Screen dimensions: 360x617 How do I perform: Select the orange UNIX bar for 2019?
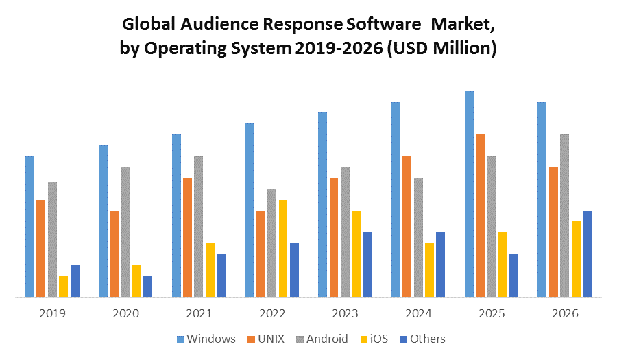click(41, 248)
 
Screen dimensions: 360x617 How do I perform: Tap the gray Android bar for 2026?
click(564, 215)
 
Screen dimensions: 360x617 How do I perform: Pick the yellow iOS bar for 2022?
click(283, 248)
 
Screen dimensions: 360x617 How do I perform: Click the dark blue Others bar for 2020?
click(147, 286)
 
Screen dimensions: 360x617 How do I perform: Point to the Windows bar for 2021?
click(176, 215)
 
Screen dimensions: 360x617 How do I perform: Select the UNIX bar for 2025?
click(480, 215)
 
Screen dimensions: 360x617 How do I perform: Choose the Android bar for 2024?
click(418, 237)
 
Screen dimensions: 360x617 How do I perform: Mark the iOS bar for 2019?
click(64, 286)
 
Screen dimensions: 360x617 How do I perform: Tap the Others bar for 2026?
click(587, 254)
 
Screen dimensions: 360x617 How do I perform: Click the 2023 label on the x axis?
click(345, 313)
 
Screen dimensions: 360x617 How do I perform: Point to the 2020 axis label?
click(125, 313)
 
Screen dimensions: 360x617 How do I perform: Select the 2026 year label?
click(564, 313)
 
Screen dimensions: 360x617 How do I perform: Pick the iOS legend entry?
click(375, 339)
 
